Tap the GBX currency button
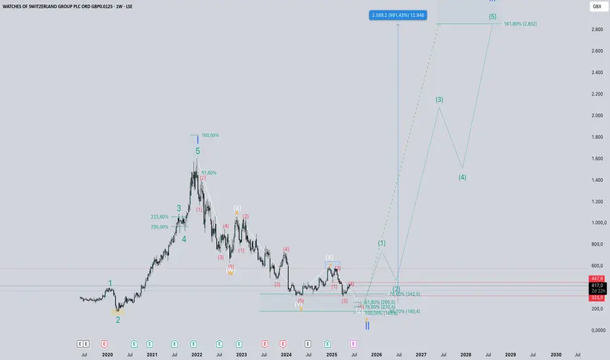point(596,6)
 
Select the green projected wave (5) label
point(492,16)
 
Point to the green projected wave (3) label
point(439,99)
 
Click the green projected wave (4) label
point(462,177)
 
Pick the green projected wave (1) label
point(382,243)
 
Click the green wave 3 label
point(179,208)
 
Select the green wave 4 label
point(184,239)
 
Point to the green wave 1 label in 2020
point(110,283)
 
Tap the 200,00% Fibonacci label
point(160,227)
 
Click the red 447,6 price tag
point(597,278)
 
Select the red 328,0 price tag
point(597,297)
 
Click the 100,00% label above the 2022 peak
point(210,135)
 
